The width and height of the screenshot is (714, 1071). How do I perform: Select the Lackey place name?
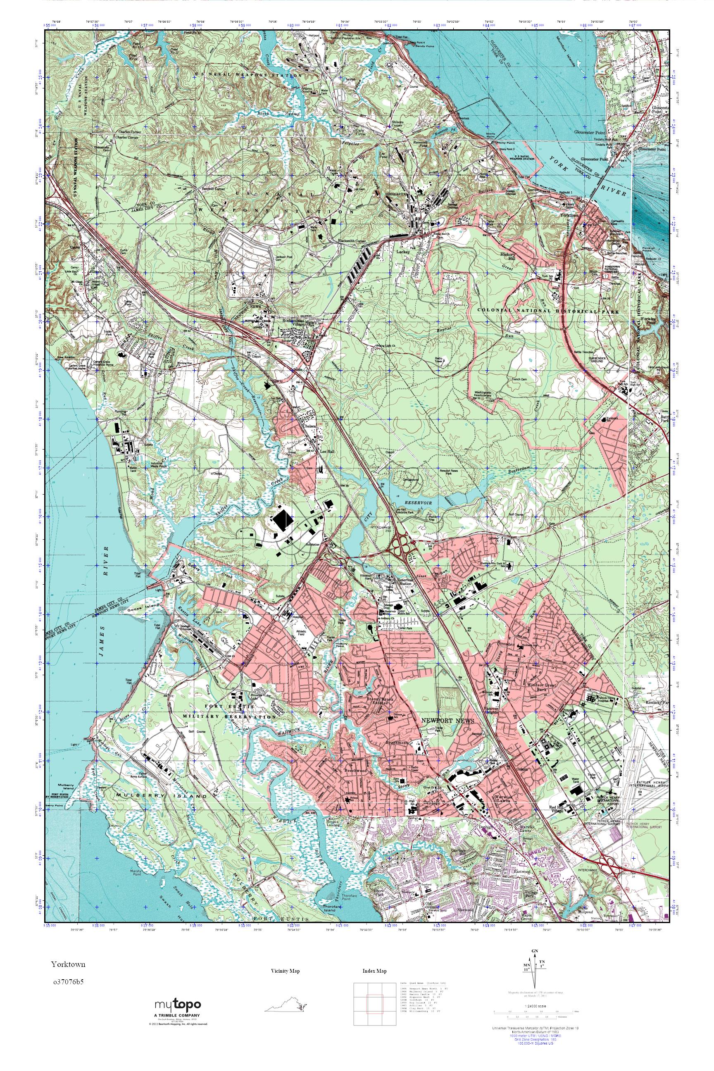[403, 251]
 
